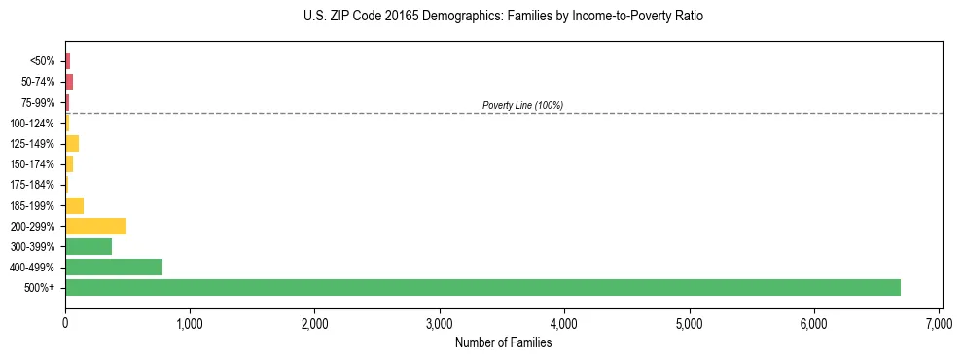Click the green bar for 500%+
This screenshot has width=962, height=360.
click(x=482, y=287)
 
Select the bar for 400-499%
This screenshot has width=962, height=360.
click(x=114, y=267)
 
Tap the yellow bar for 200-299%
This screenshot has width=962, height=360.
click(x=95, y=226)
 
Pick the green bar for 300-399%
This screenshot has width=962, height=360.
click(x=89, y=246)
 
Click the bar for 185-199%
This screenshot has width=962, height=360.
click(x=74, y=205)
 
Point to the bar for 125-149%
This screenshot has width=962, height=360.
click(x=72, y=144)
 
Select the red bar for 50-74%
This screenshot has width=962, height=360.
click(x=69, y=82)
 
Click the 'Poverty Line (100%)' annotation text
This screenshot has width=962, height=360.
click(x=522, y=105)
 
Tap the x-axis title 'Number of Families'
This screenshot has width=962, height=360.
click(x=503, y=342)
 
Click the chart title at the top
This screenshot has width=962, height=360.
click(x=503, y=17)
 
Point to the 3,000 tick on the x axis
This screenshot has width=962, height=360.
click(x=440, y=323)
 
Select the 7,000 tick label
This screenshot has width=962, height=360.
click(x=939, y=323)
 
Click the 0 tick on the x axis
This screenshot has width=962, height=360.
click(x=65, y=323)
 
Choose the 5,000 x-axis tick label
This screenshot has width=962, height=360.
click(x=689, y=323)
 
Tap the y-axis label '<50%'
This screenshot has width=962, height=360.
click(x=42, y=61)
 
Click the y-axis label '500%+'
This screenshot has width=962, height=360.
click(x=39, y=288)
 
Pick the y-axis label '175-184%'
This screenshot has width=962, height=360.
click(x=32, y=185)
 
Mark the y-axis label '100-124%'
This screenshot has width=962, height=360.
click(x=32, y=124)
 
